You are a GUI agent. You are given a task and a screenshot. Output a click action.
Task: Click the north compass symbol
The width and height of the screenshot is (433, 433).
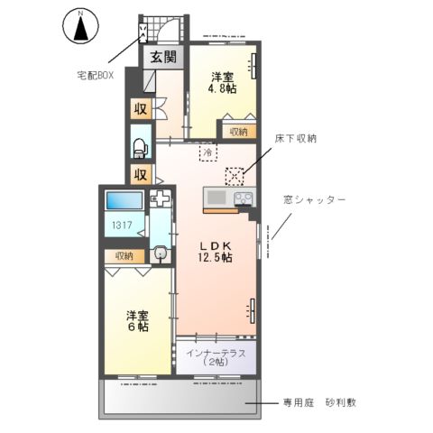[x=80, y=26]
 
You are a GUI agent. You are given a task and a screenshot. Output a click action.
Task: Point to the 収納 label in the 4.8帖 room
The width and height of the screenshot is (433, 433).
[x=237, y=131]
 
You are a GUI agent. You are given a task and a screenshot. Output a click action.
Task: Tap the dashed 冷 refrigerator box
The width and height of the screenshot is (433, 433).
[x=207, y=153]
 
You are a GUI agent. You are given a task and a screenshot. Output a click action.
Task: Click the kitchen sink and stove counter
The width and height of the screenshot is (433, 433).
[x=230, y=199]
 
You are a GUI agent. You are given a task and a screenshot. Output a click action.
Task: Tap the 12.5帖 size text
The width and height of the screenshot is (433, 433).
[x=215, y=258]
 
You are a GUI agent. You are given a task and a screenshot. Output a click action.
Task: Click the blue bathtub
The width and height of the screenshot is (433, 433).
[x=124, y=202]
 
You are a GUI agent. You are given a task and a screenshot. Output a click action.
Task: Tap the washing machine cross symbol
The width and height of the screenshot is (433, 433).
[x=160, y=199]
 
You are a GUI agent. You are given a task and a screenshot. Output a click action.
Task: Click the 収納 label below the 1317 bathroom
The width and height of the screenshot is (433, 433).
[x=124, y=255]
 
